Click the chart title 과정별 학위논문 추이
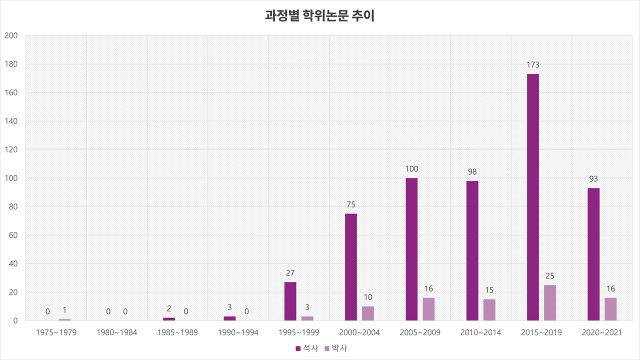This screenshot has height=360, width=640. point(319,15)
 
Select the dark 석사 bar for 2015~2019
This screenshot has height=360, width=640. point(532,197)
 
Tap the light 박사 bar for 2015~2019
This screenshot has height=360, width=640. point(549,302)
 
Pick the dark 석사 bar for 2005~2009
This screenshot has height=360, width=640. point(411,249)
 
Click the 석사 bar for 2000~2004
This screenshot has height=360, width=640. point(351,267)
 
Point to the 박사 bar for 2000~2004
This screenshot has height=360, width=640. point(368,313)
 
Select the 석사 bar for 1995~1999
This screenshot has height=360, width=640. point(290,301)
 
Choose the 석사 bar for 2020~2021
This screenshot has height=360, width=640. point(593,254)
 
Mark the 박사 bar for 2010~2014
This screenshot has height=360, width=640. point(489,309)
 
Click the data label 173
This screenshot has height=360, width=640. point(532,65)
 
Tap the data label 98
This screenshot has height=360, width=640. point(472,172)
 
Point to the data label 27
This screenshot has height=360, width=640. point(290,273)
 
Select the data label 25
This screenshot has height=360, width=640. point(549,276)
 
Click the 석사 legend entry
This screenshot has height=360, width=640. point(306,348)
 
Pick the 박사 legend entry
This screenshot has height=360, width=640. point(335,348)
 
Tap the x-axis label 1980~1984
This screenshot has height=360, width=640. point(116,332)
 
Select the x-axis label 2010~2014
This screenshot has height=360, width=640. point(480,332)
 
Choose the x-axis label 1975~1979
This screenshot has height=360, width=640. point(56,332)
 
